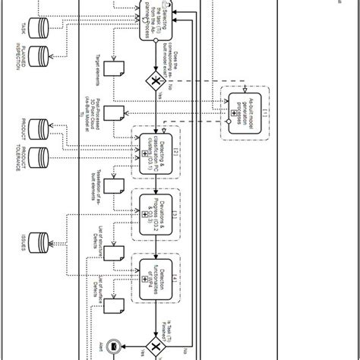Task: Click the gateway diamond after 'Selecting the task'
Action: coord(155,82)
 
